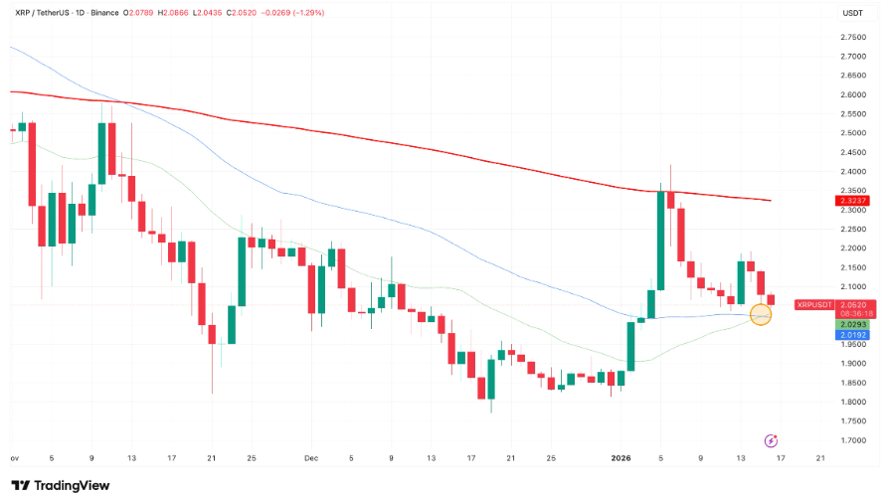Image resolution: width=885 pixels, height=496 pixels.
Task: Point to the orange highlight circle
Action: [x=762, y=315]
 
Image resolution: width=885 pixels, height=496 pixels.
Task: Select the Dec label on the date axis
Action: [x=311, y=458]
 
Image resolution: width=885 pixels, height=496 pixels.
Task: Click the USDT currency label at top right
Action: [x=852, y=13]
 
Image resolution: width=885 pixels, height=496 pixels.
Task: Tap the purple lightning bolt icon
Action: [x=771, y=439]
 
